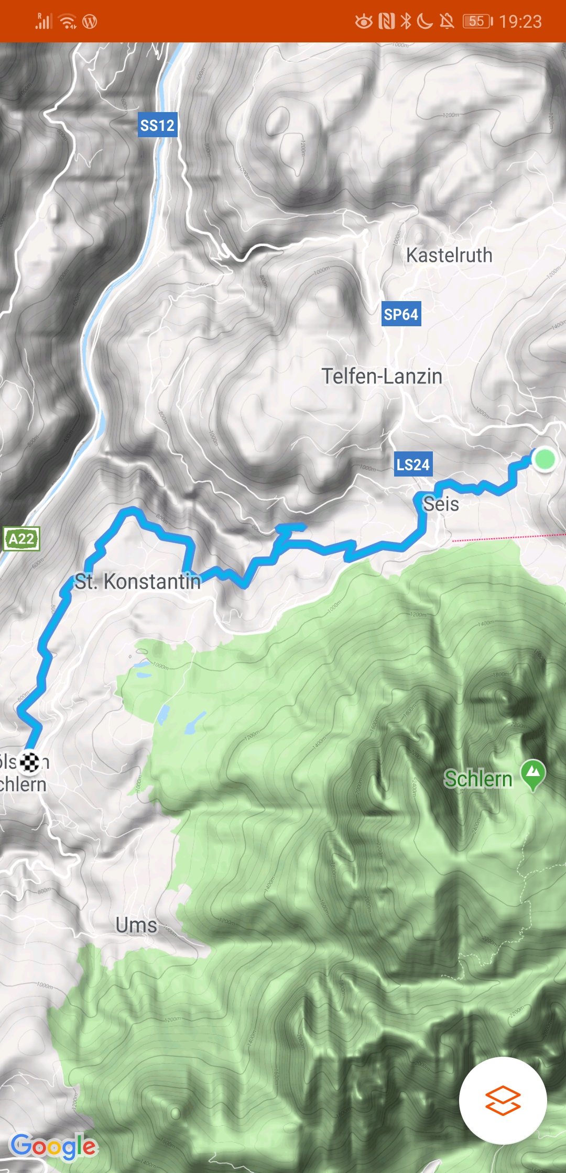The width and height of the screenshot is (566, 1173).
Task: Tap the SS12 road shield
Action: [x=157, y=125]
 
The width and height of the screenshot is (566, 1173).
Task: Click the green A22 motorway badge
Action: [x=21, y=539]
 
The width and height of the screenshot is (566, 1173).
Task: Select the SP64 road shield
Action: [x=401, y=314]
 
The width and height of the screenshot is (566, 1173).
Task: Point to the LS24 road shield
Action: [x=413, y=464]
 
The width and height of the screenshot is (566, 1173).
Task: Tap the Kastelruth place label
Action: [x=449, y=256]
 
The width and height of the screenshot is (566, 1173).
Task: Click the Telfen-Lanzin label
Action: [x=382, y=377]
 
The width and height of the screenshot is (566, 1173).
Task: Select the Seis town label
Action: [x=441, y=504]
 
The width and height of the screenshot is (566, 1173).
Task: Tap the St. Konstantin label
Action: [x=138, y=581]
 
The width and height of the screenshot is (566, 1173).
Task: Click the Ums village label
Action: [x=136, y=925]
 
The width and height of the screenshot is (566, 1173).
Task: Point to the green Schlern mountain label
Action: [x=478, y=779]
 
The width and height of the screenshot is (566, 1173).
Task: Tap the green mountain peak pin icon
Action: [x=534, y=773]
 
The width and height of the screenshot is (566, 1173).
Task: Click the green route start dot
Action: [x=545, y=459]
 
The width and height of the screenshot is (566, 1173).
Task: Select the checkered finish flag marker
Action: [x=30, y=762]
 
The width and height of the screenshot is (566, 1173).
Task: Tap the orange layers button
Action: [x=503, y=1100]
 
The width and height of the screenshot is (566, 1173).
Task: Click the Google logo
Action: [x=53, y=1147]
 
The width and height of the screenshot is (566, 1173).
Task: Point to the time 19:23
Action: [x=520, y=21]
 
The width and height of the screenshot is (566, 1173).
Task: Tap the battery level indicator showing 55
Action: [x=477, y=21]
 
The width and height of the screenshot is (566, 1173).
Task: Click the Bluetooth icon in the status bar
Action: [x=405, y=21]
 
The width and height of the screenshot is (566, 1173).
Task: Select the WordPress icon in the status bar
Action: [x=90, y=22]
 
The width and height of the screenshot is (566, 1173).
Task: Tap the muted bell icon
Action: [x=447, y=21]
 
